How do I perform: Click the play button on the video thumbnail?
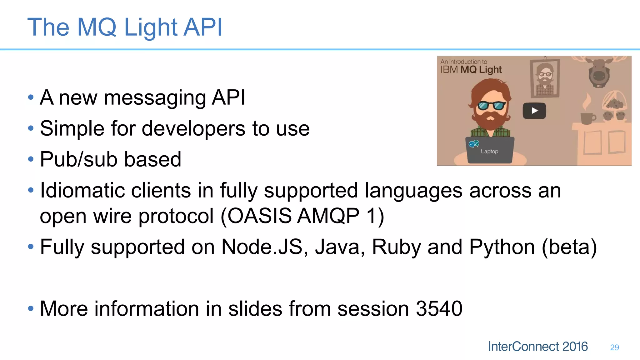(x=534, y=111)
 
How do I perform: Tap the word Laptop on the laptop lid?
(x=489, y=152)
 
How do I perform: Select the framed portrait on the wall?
(x=545, y=78)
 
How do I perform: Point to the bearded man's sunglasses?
(x=491, y=106)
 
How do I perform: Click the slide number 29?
(x=614, y=347)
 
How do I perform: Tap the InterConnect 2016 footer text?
(x=538, y=347)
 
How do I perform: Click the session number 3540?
(x=439, y=309)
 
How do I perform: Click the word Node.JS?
(x=262, y=247)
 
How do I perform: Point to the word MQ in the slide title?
(x=97, y=27)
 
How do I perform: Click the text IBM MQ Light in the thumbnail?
(x=471, y=69)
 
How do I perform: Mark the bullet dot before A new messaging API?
(x=31, y=97)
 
